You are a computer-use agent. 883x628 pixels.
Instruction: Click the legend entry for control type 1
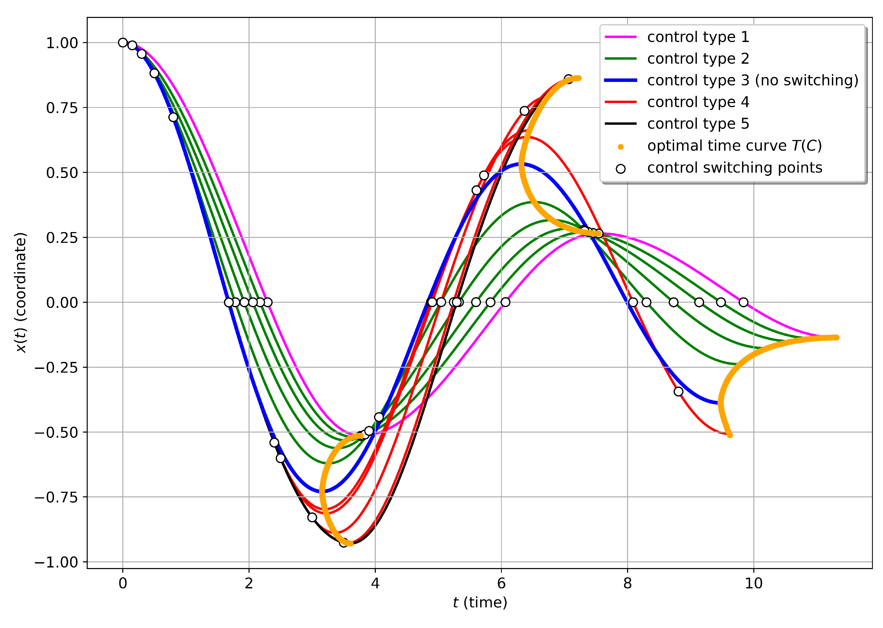click(x=698, y=37)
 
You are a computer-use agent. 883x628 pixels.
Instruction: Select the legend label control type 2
click(x=698, y=59)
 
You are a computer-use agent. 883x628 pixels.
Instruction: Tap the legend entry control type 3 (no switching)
click(x=752, y=80)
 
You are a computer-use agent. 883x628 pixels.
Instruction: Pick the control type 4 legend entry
click(x=698, y=102)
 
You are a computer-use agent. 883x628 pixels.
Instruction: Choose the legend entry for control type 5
click(x=698, y=124)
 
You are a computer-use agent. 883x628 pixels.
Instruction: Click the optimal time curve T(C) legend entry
click(x=734, y=146)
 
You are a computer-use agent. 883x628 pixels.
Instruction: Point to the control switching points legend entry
click(x=734, y=168)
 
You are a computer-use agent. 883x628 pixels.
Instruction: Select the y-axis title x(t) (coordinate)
click(x=21, y=293)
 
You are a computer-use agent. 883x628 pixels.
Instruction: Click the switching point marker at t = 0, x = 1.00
click(x=123, y=43)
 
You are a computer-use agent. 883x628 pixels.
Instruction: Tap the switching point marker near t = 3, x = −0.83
click(x=312, y=517)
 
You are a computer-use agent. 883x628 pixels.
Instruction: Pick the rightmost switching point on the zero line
click(x=743, y=302)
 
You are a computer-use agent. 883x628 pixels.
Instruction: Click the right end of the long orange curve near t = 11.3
click(x=837, y=338)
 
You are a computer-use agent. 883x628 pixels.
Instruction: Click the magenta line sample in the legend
click(x=620, y=37)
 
